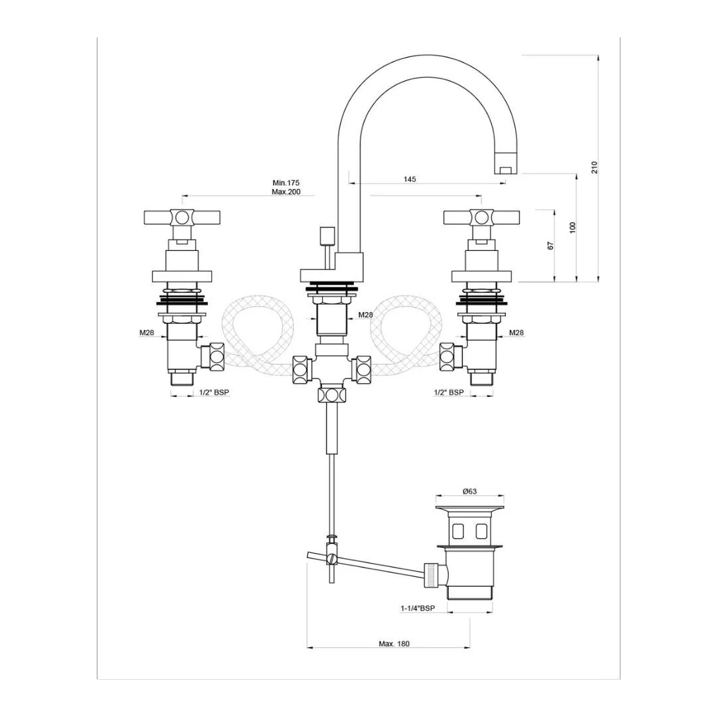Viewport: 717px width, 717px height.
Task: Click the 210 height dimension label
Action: click(x=595, y=167)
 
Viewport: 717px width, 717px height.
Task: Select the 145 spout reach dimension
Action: click(x=410, y=179)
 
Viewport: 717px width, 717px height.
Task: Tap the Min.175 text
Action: click(x=287, y=183)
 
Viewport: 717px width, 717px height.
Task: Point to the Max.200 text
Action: click(x=287, y=192)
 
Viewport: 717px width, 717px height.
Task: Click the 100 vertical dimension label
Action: click(x=573, y=228)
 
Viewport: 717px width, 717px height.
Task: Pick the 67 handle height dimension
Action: click(x=550, y=246)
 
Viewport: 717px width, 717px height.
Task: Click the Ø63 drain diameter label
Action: click(x=469, y=492)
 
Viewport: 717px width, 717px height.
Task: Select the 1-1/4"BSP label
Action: click(x=417, y=608)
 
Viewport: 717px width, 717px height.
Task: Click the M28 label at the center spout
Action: click(x=366, y=315)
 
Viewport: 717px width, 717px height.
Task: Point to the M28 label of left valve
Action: click(x=147, y=333)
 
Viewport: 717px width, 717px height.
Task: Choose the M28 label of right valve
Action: click(x=517, y=333)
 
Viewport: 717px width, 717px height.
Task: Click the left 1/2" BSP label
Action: click(x=214, y=392)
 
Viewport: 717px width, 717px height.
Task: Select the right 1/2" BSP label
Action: click(x=449, y=392)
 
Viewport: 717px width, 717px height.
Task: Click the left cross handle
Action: click(x=181, y=217)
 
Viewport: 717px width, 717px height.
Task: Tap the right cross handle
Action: click(x=481, y=217)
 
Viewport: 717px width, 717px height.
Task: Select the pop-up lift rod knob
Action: click(x=326, y=236)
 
